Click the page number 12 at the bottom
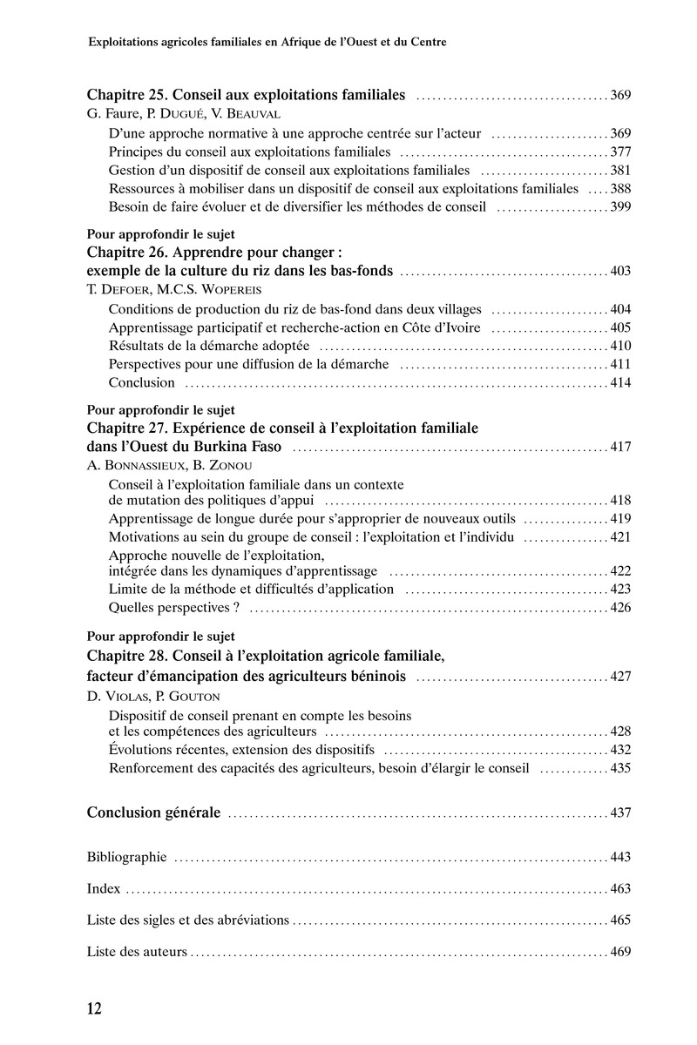(x=95, y=1009)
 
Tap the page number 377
(x=619, y=152)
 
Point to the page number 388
(x=619, y=188)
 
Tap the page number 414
(x=619, y=382)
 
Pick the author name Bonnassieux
(x=133, y=465)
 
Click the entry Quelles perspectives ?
(x=173, y=607)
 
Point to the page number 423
(x=619, y=590)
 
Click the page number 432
(x=619, y=750)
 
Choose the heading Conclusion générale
(x=153, y=813)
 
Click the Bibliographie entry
(x=126, y=857)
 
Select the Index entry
(x=105, y=889)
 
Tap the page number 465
(x=619, y=920)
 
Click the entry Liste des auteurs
(x=137, y=951)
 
